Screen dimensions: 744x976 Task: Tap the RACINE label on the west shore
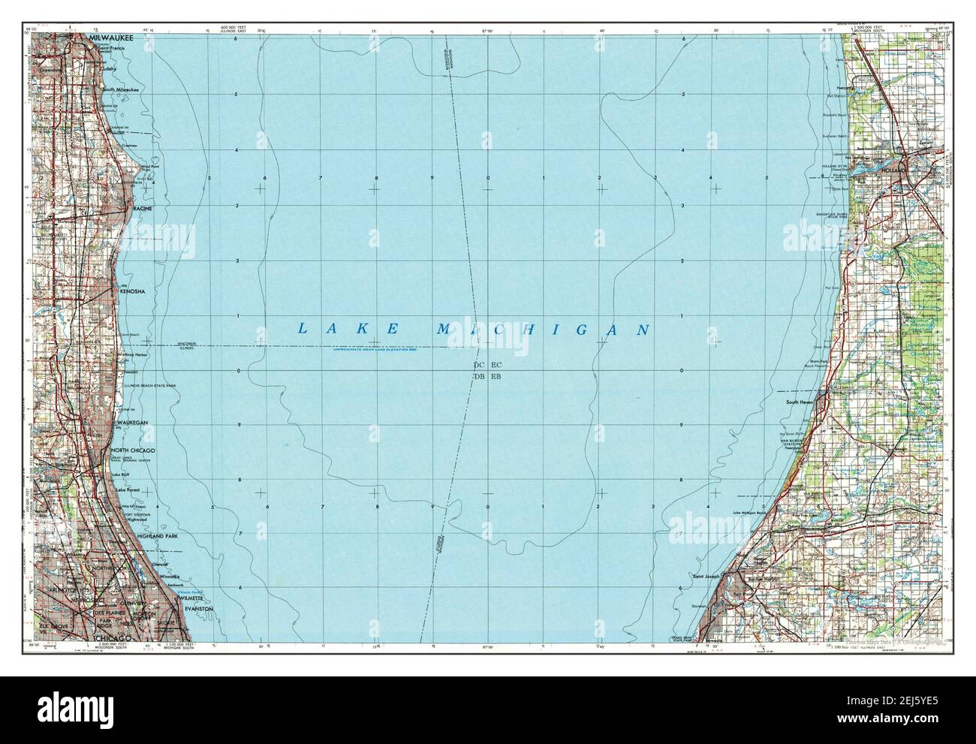(143, 207)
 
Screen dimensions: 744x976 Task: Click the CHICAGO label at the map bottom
(111, 637)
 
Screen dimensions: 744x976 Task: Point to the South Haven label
(800, 402)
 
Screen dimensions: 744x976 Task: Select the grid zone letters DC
(479, 365)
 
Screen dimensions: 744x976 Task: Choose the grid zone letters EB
(496, 376)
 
